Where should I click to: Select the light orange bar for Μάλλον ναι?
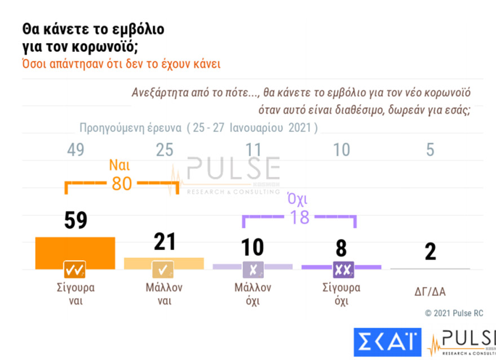163,263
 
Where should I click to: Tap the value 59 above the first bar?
74,220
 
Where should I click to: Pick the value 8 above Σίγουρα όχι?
342,248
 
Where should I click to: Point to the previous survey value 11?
253,150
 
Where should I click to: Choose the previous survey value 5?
430,150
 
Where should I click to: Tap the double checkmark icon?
74,269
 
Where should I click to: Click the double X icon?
342,270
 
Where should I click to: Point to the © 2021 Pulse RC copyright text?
454,313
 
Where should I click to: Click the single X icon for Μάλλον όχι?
253,270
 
